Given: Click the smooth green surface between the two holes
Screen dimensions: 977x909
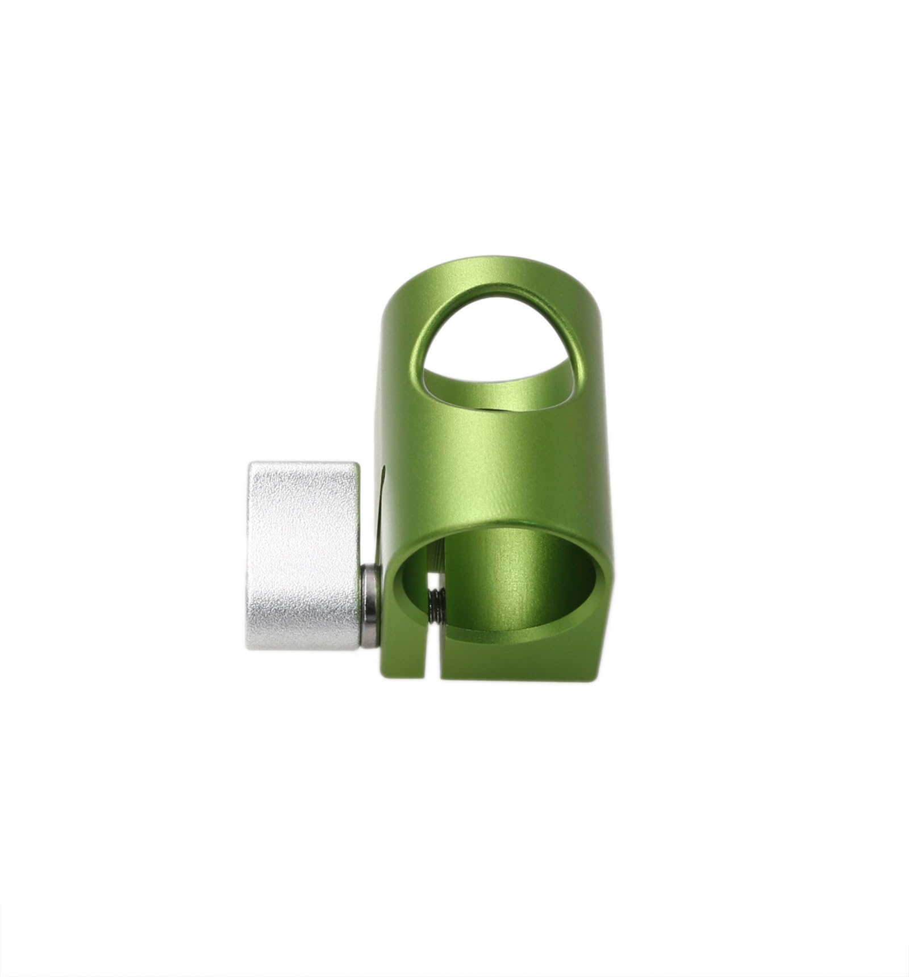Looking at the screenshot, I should [500, 471].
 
